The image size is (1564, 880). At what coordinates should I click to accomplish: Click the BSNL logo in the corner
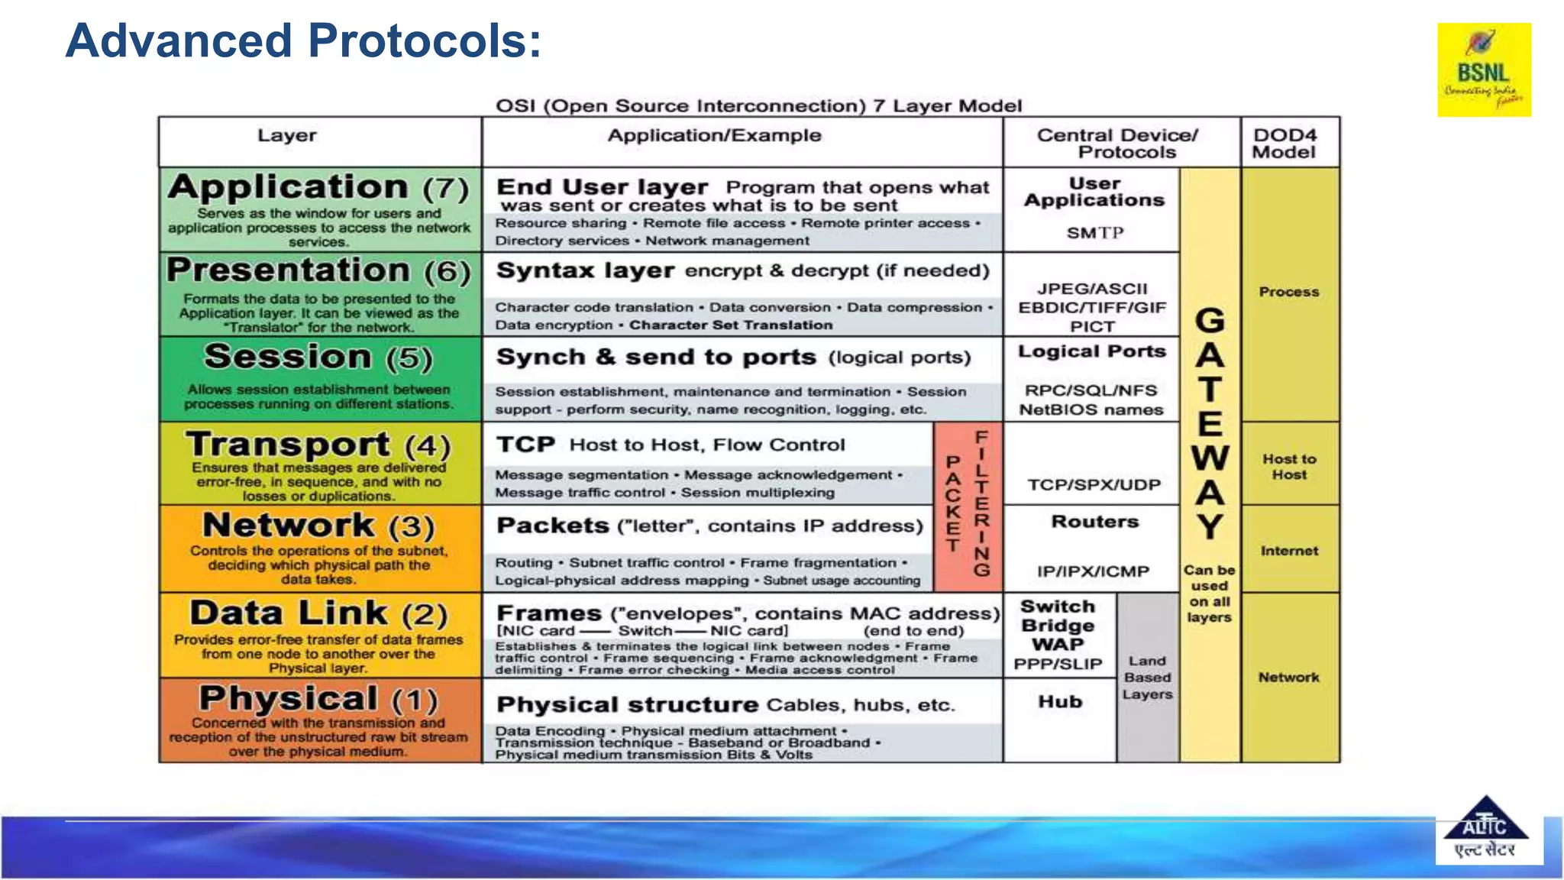1483,70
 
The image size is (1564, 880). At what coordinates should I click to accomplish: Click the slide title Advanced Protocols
303,40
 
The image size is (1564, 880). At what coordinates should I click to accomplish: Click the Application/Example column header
714,136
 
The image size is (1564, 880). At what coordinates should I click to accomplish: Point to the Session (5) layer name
318,357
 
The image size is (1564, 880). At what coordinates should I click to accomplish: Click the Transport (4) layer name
318,445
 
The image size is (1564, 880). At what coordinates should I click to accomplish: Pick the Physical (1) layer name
318,698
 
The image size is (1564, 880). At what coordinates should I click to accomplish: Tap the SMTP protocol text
1094,233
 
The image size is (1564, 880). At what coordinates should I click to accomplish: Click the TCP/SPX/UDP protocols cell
1094,484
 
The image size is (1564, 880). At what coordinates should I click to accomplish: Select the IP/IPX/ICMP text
1093,571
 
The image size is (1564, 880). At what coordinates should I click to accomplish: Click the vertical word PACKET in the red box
952,503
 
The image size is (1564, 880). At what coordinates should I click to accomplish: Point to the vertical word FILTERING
982,503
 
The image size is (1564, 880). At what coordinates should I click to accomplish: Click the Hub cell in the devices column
1060,701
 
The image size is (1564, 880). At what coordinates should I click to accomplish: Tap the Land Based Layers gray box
1147,678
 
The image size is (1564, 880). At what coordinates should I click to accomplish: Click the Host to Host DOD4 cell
1289,467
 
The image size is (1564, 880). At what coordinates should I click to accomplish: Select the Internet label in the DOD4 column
1289,551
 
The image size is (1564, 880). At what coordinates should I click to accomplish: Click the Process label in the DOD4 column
1289,292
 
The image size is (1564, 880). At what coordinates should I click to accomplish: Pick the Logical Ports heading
1092,351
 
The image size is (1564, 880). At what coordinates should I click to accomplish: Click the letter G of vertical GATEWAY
1210,321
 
